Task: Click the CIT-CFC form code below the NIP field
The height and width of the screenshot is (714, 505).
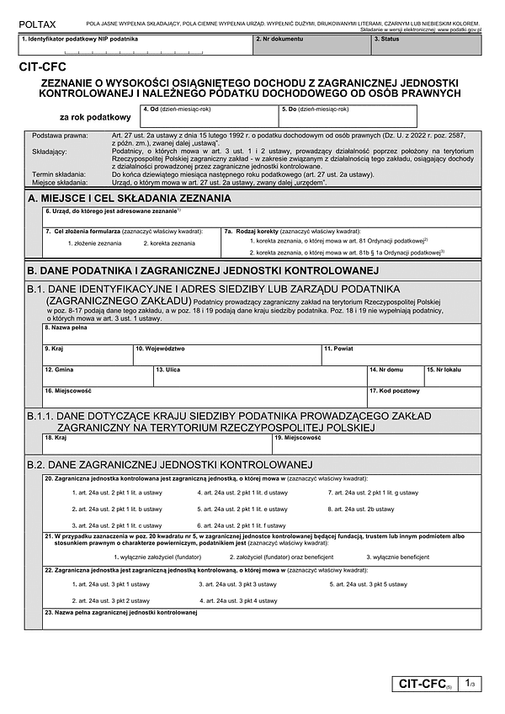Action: (39, 73)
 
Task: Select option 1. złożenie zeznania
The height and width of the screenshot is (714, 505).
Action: (93, 243)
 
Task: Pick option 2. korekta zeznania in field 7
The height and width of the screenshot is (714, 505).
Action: (168, 243)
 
